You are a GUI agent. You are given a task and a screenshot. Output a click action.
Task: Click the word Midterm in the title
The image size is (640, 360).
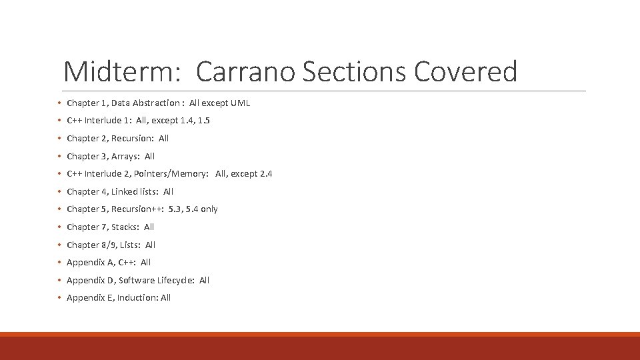click(x=122, y=71)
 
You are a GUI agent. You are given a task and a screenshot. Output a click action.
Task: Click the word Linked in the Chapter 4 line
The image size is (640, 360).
click(x=125, y=191)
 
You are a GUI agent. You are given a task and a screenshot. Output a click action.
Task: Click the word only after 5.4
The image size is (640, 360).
click(x=209, y=209)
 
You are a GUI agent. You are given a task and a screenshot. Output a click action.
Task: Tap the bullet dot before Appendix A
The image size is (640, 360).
click(x=59, y=263)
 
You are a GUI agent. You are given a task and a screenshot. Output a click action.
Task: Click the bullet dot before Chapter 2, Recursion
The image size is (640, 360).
click(x=59, y=139)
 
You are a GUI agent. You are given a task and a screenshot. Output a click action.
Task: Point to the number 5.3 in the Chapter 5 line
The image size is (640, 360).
click(x=175, y=209)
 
